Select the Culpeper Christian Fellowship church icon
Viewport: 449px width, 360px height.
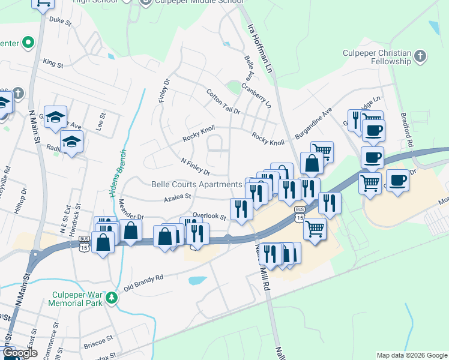[420, 57]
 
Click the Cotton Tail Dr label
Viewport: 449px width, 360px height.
[223, 102]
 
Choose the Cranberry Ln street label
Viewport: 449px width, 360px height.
[256, 96]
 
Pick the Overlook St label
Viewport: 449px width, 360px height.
[214, 217]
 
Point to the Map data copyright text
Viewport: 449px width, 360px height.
[411, 355]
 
